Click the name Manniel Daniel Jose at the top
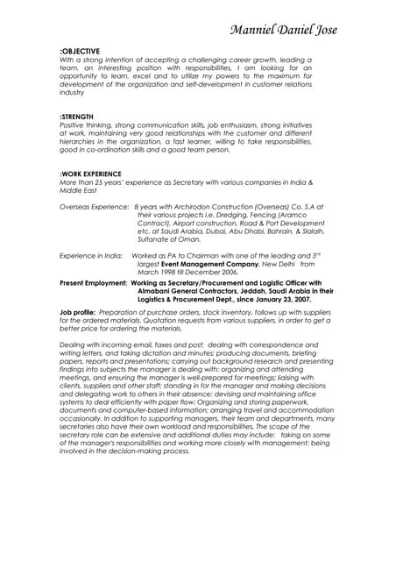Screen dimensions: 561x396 [x=283, y=30]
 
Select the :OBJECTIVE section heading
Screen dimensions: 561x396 [x=80, y=51]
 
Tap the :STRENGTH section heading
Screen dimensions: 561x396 [x=77, y=117]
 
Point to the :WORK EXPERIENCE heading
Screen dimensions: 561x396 [x=90, y=174]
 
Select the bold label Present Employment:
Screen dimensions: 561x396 [x=92, y=284]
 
